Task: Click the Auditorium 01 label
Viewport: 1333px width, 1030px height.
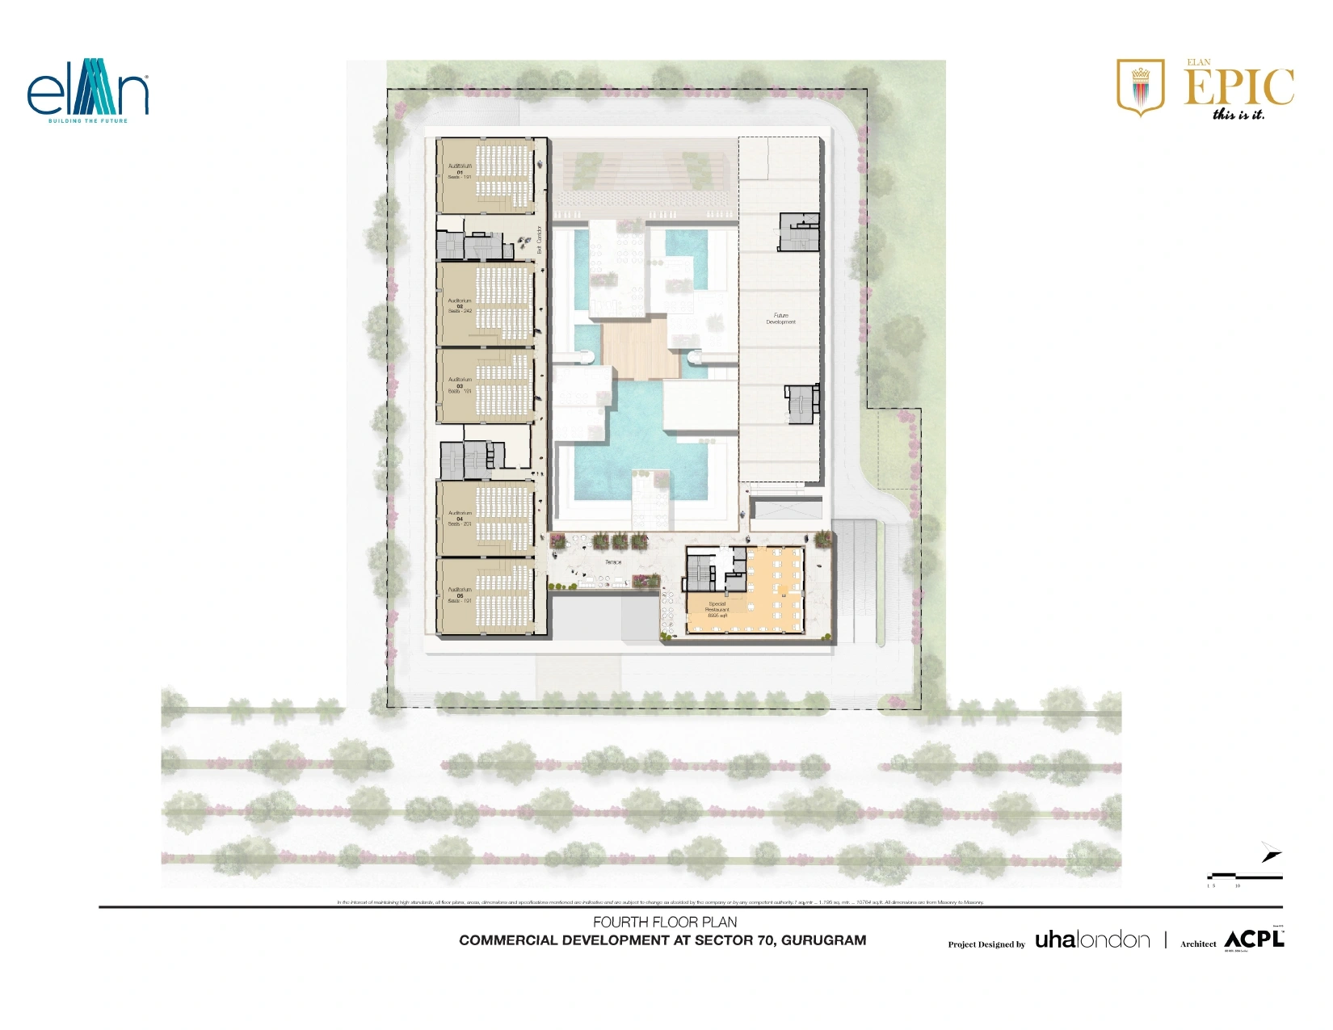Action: (x=460, y=171)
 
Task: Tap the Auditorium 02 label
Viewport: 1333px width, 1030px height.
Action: (x=460, y=305)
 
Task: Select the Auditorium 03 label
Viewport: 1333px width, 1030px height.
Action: (x=460, y=385)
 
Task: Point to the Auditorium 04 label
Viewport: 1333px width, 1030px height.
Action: (x=460, y=519)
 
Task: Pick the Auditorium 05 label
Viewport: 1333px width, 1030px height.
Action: (x=460, y=595)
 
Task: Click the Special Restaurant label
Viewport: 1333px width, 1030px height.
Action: (x=717, y=609)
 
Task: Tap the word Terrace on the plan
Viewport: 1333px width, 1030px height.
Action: (x=613, y=562)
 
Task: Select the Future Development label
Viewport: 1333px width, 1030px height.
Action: (x=780, y=318)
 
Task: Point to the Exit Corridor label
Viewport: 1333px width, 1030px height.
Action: (x=540, y=240)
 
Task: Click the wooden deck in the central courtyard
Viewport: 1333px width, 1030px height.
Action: (x=637, y=348)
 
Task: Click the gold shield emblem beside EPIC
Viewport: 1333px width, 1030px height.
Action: (x=1140, y=86)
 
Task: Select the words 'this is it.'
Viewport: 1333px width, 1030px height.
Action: (x=1238, y=115)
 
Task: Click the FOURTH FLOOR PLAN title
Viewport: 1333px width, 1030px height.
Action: (x=665, y=922)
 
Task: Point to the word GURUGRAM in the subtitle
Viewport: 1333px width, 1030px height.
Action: (x=823, y=940)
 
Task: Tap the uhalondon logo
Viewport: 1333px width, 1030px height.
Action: (x=1092, y=940)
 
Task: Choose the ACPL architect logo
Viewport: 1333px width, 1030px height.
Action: (x=1254, y=940)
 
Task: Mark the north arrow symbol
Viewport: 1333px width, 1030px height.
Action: (x=1271, y=852)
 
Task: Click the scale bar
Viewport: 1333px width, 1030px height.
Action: (x=1244, y=877)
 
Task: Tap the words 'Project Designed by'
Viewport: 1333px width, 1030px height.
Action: (x=986, y=944)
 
